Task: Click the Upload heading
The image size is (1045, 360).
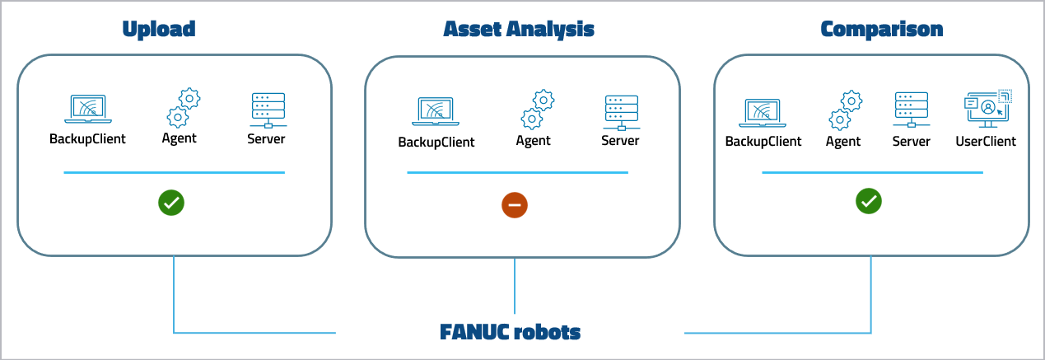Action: click(159, 30)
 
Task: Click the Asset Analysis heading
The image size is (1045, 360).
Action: click(519, 30)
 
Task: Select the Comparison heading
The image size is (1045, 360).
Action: click(882, 30)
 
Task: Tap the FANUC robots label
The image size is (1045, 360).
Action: click(511, 333)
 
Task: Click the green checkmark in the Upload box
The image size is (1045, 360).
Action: click(172, 203)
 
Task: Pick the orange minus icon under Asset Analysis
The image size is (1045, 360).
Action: click(515, 205)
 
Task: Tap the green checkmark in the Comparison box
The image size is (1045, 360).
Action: click(870, 200)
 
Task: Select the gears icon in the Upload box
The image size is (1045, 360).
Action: click(184, 108)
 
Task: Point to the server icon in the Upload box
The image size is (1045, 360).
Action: click(267, 110)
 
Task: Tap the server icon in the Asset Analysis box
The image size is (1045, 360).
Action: click(620, 112)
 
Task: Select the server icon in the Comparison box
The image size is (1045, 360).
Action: click(911, 110)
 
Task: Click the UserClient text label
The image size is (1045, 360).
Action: click(986, 142)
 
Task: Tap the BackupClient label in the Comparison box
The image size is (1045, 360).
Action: click(763, 142)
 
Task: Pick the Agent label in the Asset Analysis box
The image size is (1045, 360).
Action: click(534, 141)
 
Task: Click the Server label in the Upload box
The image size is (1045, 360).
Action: click(266, 138)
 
